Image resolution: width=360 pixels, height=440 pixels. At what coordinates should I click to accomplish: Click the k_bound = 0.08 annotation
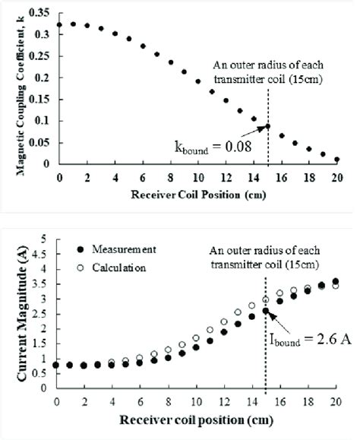coord(217,142)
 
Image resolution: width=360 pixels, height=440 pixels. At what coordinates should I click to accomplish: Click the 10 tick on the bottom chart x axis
coord(197,397)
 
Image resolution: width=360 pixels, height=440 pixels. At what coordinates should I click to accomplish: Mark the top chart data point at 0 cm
coord(59,24)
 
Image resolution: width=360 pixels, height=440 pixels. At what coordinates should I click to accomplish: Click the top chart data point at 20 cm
coord(336,160)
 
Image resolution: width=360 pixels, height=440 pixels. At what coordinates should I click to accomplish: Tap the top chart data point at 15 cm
coord(267,126)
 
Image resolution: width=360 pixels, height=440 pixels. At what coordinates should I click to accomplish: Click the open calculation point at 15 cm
coord(266,299)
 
